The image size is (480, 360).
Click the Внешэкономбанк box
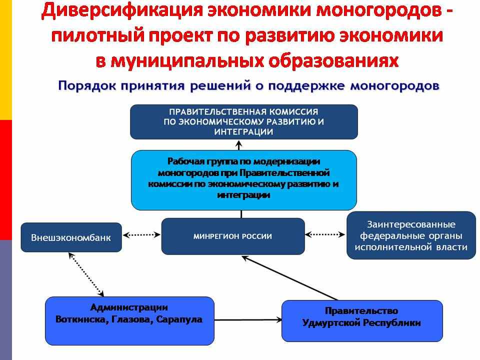71,237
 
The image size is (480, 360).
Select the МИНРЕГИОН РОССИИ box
233,236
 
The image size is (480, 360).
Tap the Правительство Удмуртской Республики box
362,321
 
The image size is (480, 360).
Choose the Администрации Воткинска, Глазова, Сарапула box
129,321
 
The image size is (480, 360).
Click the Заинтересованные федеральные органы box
411,235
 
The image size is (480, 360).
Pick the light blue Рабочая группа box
243,180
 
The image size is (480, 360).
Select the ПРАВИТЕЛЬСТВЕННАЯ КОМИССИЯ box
244,122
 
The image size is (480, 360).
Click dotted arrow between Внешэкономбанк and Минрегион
141,235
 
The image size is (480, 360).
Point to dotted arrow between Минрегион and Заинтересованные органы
325,235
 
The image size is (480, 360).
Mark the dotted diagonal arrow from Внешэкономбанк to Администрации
86,274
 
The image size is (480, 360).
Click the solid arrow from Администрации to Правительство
248,320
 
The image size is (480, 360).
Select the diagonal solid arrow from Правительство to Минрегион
289,277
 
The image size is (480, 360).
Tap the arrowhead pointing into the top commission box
239,143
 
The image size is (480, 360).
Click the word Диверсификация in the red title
122,10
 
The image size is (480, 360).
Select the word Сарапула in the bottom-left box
179,319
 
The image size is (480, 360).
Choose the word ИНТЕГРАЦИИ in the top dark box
243,132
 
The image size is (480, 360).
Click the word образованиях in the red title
333,60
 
